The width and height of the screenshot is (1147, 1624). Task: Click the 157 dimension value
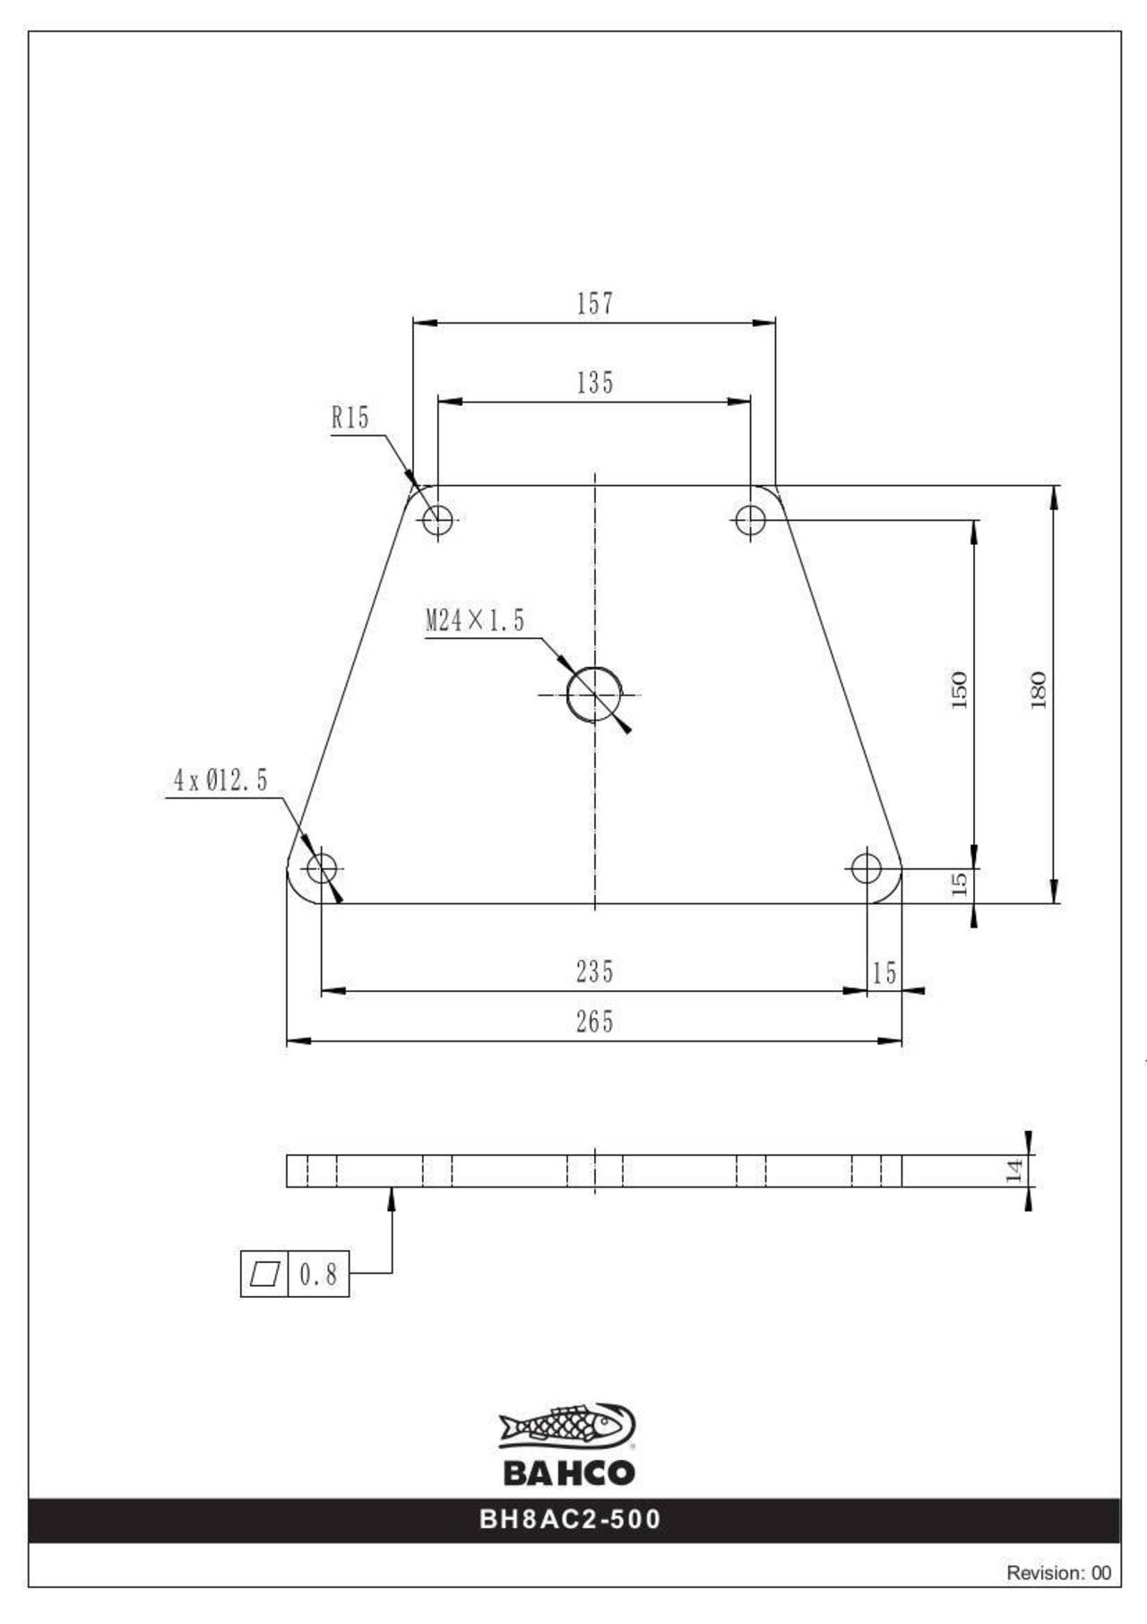tap(595, 304)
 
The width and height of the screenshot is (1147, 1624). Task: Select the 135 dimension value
tap(595, 383)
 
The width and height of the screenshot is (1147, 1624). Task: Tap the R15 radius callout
tap(350, 418)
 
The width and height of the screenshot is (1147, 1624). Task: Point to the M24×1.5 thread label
tap(475, 620)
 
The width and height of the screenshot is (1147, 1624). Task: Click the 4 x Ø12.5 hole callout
tap(220, 781)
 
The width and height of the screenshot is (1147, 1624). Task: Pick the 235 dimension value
tap(595, 972)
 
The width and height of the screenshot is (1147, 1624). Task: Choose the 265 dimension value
tap(595, 1022)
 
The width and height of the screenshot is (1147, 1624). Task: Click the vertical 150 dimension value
tap(960, 690)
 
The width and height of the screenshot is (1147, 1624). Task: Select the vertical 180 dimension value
tap(1039, 690)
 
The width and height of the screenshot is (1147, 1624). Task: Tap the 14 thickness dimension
tap(1014, 1170)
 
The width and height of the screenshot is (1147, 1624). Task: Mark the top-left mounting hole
tap(438, 519)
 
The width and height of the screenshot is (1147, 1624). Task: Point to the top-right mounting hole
tap(751, 519)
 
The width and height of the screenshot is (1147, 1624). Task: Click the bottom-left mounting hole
tap(321, 868)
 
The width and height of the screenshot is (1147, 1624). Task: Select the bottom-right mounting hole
tap(867, 868)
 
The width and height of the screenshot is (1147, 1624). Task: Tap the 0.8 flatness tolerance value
tap(318, 1274)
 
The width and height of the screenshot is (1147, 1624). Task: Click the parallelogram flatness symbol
tap(264, 1274)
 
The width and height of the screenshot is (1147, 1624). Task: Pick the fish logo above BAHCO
tap(568, 1426)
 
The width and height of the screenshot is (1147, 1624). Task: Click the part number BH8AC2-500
tap(571, 1519)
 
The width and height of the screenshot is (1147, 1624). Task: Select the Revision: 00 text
tap(1058, 1572)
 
